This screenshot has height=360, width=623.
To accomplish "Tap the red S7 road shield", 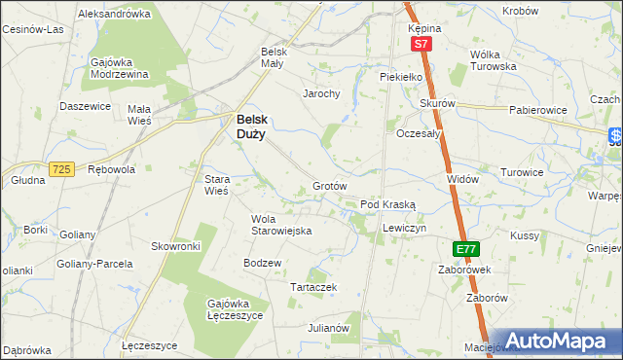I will (421, 45).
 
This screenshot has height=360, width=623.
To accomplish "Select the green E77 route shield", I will (466, 249).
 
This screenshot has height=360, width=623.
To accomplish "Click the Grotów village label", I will (330, 185).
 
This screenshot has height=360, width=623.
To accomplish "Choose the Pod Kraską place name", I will (388, 205).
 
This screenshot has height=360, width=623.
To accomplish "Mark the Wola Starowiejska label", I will (280, 225).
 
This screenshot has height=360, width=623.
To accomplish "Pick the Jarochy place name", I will (320, 94).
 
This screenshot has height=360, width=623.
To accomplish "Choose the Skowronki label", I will (175, 246).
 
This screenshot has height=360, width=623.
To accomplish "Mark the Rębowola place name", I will (110, 169).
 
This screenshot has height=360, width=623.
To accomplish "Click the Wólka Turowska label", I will (493, 60).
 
